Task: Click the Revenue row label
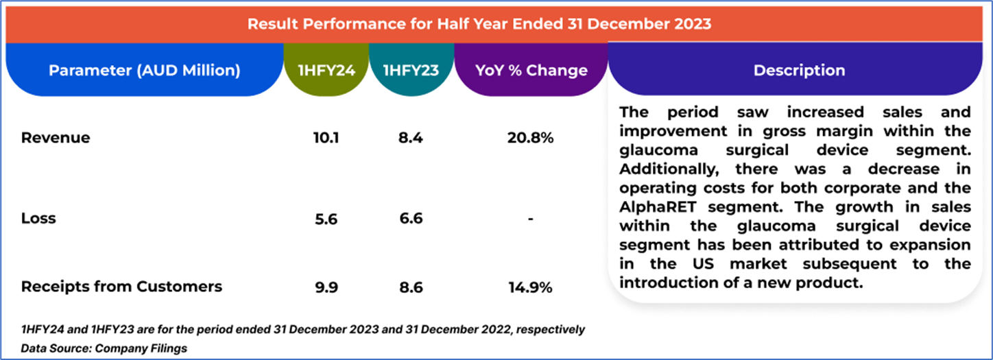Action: click(x=56, y=138)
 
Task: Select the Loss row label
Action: click(x=38, y=219)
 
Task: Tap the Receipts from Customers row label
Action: click(x=121, y=287)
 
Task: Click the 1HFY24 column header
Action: click(x=326, y=70)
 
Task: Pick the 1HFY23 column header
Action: click(x=411, y=70)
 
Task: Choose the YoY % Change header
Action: click(x=531, y=70)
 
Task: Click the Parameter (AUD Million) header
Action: click(x=144, y=70)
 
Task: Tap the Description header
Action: click(x=799, y=70)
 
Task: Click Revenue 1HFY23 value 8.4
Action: click(x=411, y=138)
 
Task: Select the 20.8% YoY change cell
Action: click(x=531, y=138)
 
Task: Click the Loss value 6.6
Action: click(x=411, y=219)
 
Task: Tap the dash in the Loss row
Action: click(x=531, y=219)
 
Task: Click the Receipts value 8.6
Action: click(x=411, y=287)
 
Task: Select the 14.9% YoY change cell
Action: click(x=531, y=287)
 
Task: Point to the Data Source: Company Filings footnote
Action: click(x=104, y=348)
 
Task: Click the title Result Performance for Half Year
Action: click(x=479, y=24)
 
